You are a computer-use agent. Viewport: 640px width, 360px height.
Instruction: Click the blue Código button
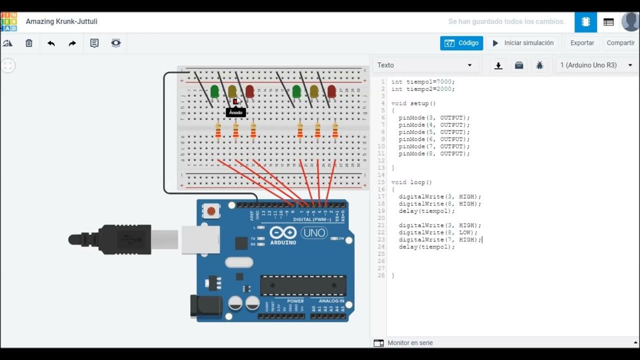pyautogui.click(x=461, y=43)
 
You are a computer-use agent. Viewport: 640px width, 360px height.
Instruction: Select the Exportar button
pyautogui.click(x=582, y=43)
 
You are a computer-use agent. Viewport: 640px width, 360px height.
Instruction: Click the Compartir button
pyautogui.click(x=620, y=43)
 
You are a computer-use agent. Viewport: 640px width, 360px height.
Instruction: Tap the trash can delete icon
pyautogui.click(x=29, y=43)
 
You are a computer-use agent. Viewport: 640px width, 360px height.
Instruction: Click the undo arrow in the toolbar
pyautogui.click(x=51, y=43)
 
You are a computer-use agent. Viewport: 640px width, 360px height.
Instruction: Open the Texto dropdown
pyautogui.click(x=425, y=65)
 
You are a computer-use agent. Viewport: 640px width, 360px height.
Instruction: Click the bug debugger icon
pyautogui.click(x=539, y=65)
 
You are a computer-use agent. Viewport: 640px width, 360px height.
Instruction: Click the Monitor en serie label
pyautogui.click(x=410, y=343)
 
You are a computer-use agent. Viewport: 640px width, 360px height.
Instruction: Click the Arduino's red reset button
pyautogui.click(x=211, y=211)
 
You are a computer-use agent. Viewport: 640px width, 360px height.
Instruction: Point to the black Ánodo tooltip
pyautogui.click(x=235, y=112)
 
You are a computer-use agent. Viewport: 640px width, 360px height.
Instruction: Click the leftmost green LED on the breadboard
pyautogui.click(x=214, y=91)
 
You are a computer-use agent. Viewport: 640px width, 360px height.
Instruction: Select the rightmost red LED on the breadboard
pyautogui.click(x=331, y=91)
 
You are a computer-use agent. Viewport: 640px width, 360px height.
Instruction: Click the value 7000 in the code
pyautogui.click(x=444, y=81)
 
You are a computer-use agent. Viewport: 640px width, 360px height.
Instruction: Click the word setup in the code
pyautogui.click(x=419, y=103)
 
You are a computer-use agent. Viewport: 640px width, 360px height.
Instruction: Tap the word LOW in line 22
pyautogui.click(x=465, y=232)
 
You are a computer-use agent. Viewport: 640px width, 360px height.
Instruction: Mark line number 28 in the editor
pyautogui.click(x=381, y=275)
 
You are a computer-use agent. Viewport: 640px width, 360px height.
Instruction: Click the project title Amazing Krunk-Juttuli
pyautogui.click(x=61, y=21)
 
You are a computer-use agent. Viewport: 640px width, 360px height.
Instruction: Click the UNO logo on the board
pyautogui.click(x=314, y=232)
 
